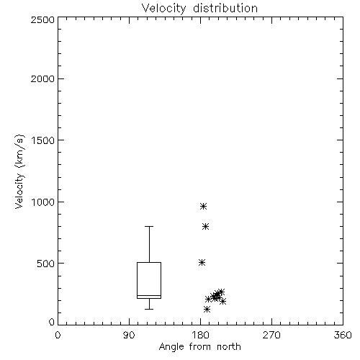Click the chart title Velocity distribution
[199, 8]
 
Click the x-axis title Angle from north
[199, 347]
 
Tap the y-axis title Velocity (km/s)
[19, 171]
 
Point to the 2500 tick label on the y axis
[42, 19]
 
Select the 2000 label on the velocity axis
[42, 78]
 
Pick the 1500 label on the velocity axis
[43, 140]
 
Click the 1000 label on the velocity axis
[43, 202]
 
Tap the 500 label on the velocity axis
[45, 264]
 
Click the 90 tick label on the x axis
[129, 335]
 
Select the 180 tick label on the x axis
[200, 335]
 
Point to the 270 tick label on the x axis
[271, 335]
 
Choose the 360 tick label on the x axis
[343, 335]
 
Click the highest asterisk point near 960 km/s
[204, 207]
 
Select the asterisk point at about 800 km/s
[205, 226]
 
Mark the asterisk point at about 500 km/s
[202, 262]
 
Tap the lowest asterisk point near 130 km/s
[207, 309]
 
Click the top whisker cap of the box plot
[149, 226]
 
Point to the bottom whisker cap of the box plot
[149, 309]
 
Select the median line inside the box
[149, 295]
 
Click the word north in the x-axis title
[229, 347]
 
